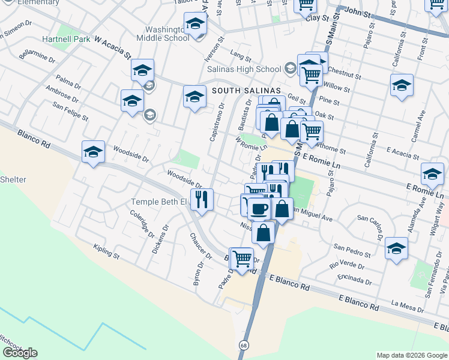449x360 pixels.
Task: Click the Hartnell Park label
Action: click(x=66, y=39)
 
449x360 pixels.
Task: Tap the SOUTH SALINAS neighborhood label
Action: click(x=246, y=90)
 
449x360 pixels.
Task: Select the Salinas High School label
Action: click(x=244, y=69)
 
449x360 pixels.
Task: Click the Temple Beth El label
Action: click(x=159, y=202)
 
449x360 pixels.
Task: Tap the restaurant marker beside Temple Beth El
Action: click(x=202, y=199)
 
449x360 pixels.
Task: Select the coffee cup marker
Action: click(x=259, y=209)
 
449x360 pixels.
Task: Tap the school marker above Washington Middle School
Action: click(x=195, y=24)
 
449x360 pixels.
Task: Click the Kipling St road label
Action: click(x=106, y=252)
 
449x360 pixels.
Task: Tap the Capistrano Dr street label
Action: click(x=217, y=122)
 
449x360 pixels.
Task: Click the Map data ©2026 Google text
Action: click(x=411, y=355)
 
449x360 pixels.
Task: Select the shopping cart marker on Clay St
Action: click(x=306, y=5)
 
